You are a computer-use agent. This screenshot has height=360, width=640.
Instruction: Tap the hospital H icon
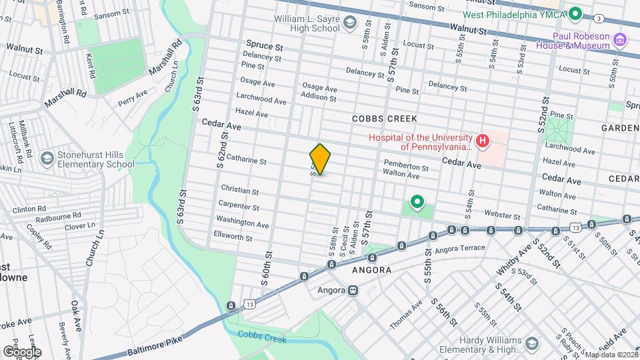482,141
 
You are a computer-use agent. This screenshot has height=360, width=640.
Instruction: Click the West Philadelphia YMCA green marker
574,13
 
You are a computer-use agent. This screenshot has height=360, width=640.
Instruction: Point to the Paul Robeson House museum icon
620,39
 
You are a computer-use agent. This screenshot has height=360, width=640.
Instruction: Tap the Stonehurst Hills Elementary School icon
47,158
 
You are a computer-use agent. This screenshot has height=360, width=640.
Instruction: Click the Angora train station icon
353,290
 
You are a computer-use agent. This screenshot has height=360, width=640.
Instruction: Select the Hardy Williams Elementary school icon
532,343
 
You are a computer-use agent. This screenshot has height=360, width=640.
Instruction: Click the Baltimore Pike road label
154,345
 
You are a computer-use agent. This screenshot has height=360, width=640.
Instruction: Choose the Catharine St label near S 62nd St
246,161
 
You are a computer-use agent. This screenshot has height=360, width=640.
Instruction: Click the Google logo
22,351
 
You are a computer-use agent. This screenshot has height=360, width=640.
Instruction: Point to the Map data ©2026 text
610,354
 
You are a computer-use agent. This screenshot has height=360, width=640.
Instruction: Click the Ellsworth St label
234,237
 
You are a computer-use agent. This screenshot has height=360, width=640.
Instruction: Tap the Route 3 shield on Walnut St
599,17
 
